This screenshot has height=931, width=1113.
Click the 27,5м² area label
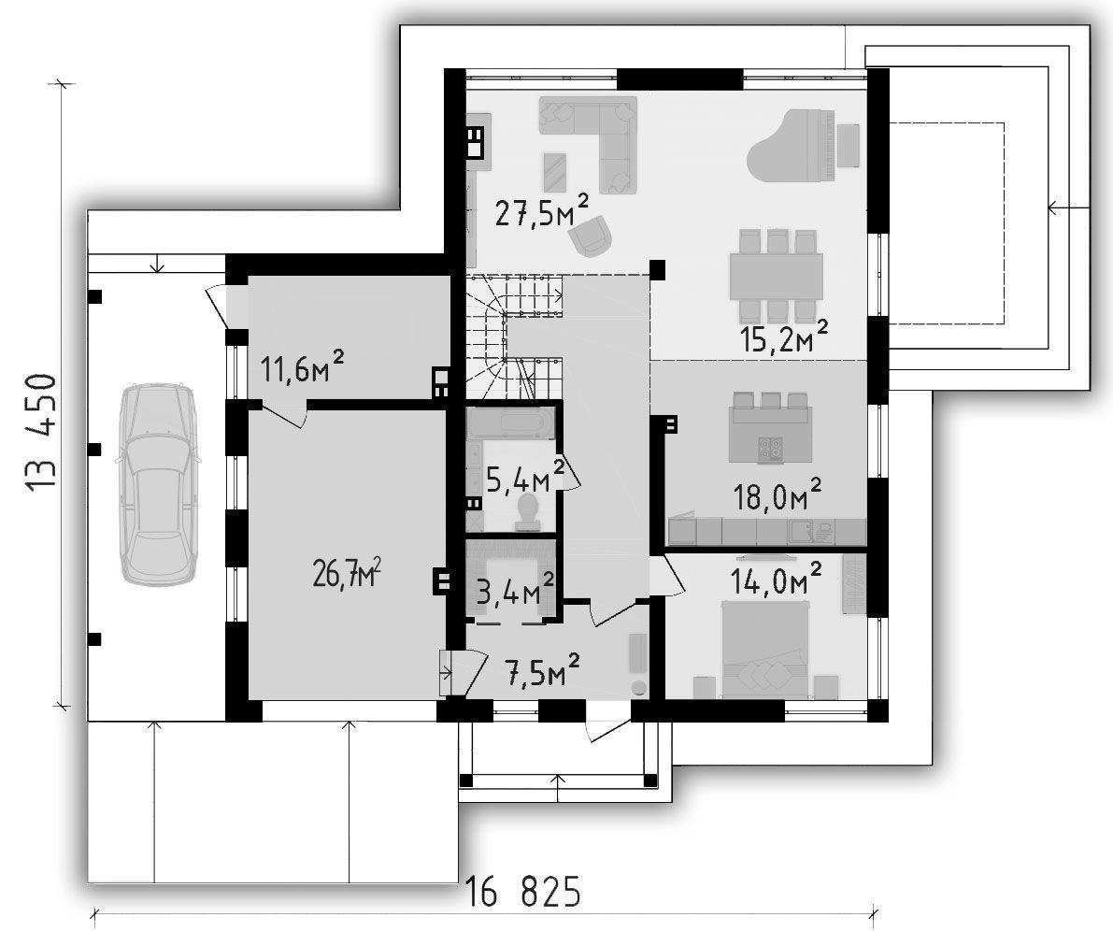point(542,210)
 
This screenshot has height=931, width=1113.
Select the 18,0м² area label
point(778,495)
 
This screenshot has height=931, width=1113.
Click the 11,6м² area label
point(303,368)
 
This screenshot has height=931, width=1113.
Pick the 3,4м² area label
point(515,590)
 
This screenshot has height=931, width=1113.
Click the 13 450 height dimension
point(40,433)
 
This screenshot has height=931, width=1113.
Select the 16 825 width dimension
point(523,892)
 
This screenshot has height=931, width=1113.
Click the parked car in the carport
point(157,483)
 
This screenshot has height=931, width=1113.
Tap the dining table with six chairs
point(777,276)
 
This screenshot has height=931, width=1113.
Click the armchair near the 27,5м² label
point(592,236)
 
